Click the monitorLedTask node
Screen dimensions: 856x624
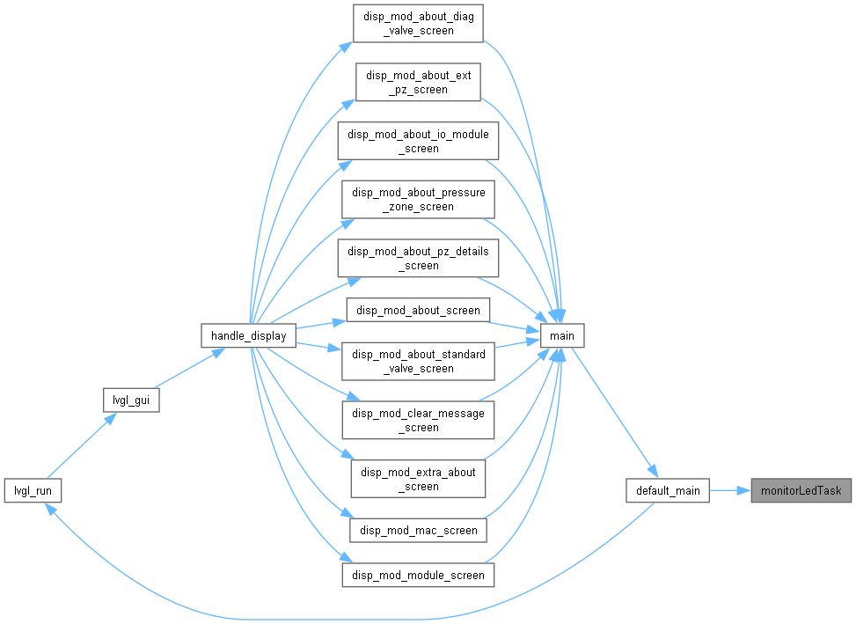[x=801, y=490]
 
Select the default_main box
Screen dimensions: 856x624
[x=668, y=490]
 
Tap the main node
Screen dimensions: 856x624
[x=562, y=335]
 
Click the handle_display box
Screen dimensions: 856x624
[x=248, y=335]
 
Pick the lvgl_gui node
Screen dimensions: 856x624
[x=131, y=400]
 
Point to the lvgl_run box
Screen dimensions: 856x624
[x=33, y=490]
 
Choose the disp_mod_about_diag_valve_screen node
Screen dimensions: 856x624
[x=418, y=24]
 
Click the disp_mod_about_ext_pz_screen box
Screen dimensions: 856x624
[x=418, y=82]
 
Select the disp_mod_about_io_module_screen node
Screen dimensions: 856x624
[x=418, y=141]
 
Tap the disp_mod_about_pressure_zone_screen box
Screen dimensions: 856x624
[x=418, y=199]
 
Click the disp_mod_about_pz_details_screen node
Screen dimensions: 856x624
[x=418, y=258]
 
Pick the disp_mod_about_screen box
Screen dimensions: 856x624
[x=418, y=310]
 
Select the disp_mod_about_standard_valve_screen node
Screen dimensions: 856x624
[x=418, y=362]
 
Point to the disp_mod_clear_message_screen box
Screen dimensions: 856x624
[x=418, y=420]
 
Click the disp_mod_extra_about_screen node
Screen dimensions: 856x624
[x=418, y=479]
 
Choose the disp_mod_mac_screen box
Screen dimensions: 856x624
[x=418, y=530]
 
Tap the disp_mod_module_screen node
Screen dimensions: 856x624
[x=418, y=576]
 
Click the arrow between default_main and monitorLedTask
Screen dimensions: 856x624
[x=730, y=490]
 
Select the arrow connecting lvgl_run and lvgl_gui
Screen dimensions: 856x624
[x=81, y=445]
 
